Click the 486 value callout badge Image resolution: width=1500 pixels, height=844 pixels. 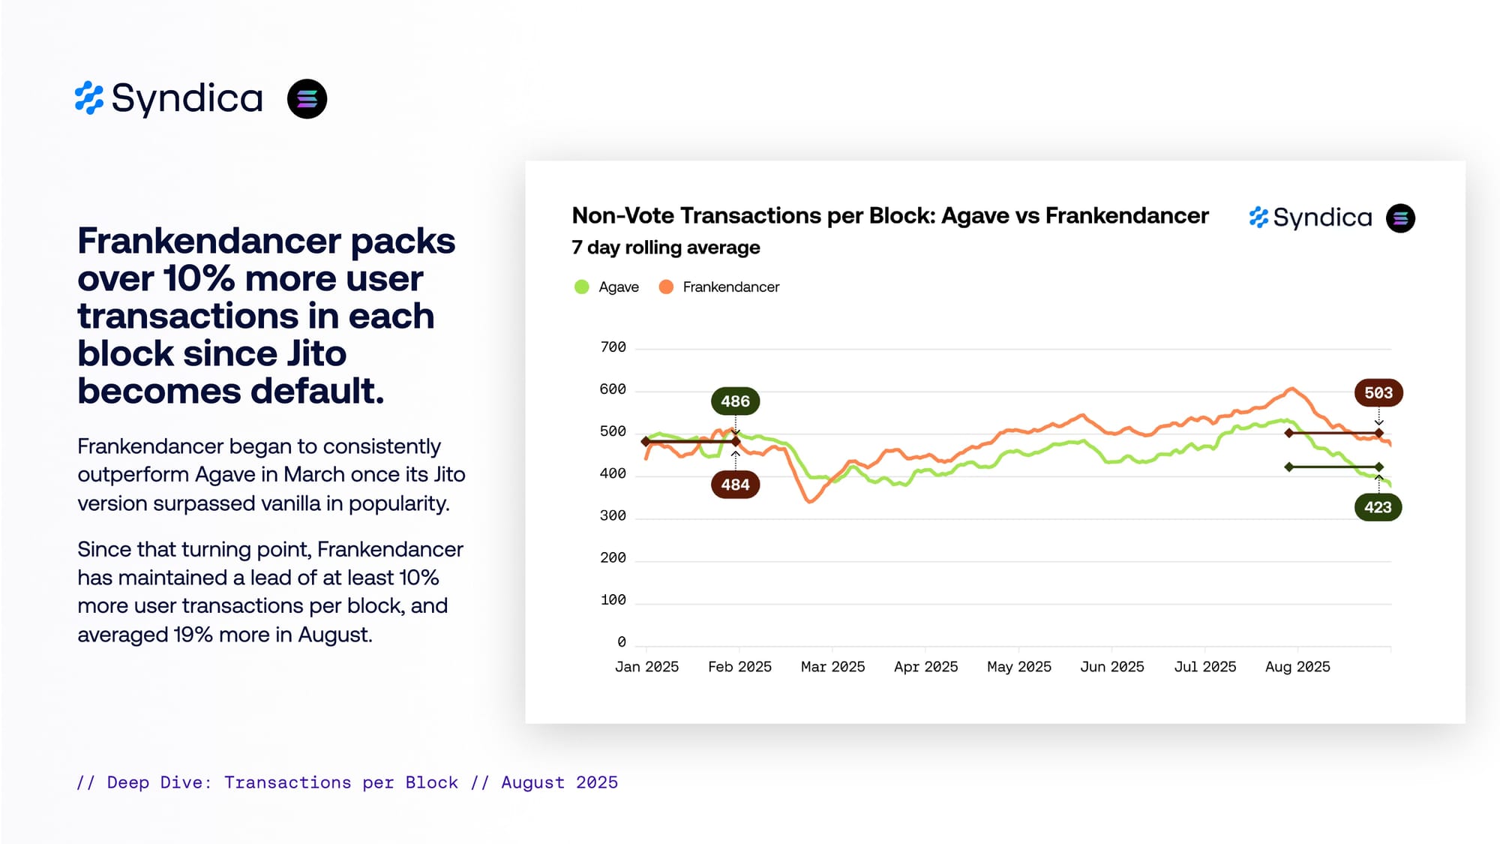735,401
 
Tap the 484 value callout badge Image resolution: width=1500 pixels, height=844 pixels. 735,485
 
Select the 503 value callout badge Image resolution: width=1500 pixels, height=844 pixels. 1378,393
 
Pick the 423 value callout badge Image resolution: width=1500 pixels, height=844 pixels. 1378,507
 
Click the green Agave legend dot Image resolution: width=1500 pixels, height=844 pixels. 581,287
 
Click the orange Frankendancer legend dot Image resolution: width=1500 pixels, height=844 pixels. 665,287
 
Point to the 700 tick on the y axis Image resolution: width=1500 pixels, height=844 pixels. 613,347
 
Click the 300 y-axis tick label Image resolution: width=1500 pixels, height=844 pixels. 613,516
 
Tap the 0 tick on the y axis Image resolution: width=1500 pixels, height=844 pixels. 621,642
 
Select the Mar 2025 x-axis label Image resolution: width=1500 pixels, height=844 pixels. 832,667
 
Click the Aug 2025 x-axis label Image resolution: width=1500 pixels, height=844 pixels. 1297,667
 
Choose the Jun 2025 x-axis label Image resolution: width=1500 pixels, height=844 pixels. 1111,667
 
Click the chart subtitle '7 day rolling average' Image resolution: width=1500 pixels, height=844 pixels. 665,248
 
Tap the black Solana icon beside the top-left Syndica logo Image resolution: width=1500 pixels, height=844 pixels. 307,99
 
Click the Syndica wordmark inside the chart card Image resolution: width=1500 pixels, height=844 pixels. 1322,218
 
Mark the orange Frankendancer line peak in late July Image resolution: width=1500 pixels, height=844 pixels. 1291,389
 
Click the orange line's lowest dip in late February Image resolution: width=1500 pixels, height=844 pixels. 810,501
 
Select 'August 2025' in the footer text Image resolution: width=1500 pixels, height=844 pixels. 559,782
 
